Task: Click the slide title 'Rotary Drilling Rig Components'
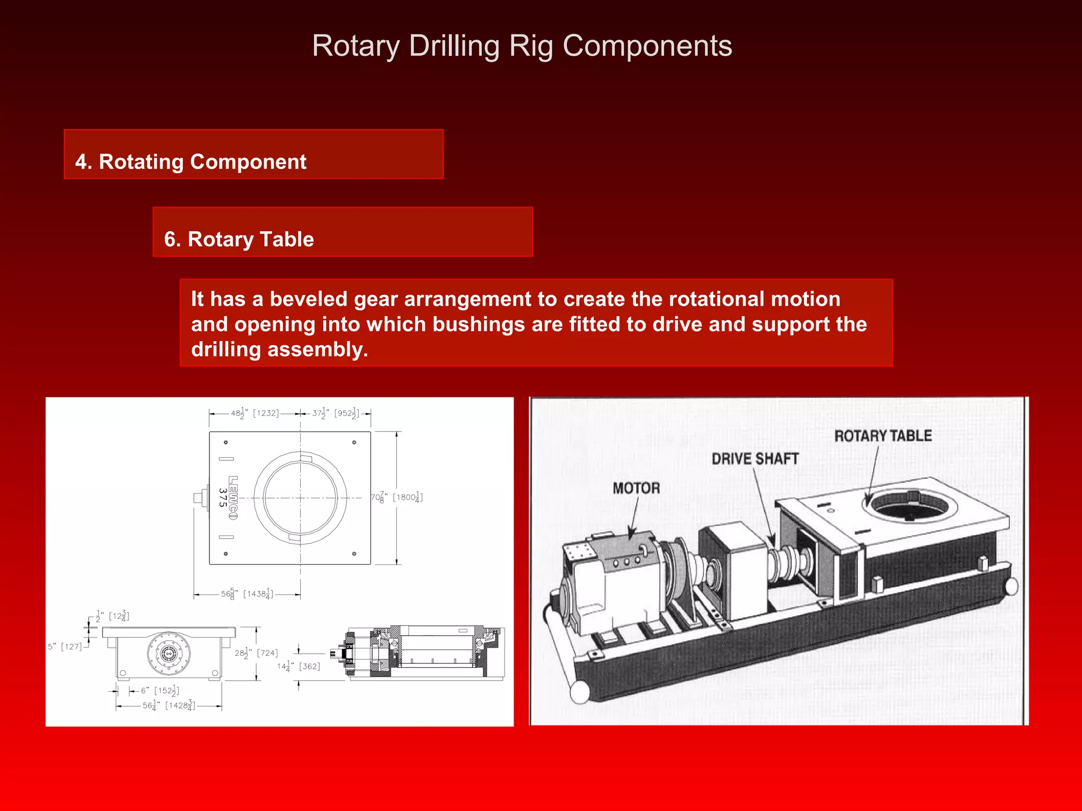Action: click(521, 46)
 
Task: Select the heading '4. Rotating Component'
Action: click(190, 162)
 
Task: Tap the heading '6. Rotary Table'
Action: click(239, 239)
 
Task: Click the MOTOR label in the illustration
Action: click(636, 488)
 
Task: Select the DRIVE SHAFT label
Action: click(754, 459)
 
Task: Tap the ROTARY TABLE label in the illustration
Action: click(883, 436)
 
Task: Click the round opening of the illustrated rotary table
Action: click(909, 506)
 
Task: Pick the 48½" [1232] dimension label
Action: click(255, 413)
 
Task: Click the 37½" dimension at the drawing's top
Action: click(335, 413)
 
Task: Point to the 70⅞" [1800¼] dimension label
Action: click(396, 497)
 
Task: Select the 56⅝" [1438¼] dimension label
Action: click(247, 594)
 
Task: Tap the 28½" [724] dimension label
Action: click(256, 653)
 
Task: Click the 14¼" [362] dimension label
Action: click(299, 666)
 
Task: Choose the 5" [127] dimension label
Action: click(65, 647)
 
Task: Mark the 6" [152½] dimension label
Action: click(160, 691)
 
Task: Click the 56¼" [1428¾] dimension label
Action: click(169, 705)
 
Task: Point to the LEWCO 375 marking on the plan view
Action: click(228, 497)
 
